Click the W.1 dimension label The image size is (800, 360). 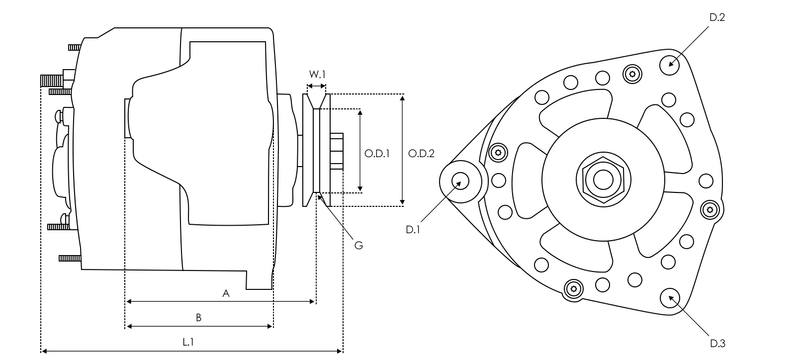317,74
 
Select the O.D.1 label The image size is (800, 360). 377,153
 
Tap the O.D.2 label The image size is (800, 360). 421,153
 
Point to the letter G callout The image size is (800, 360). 359,245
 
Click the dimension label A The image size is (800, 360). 227,293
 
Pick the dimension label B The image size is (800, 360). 199,318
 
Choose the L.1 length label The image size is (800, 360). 188,342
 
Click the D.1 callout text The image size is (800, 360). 412,229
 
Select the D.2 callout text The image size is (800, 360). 717,17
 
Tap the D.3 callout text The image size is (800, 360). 718,343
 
